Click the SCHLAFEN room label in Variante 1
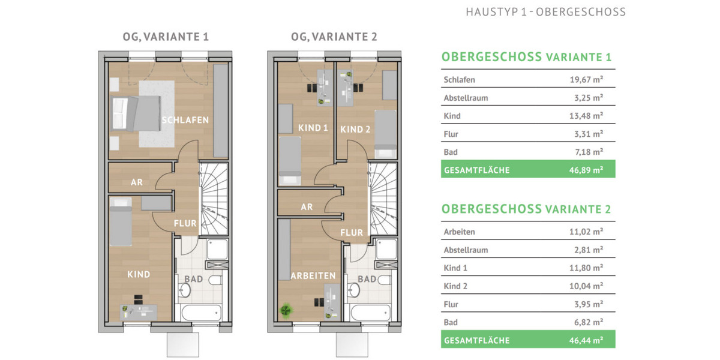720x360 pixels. [x=185, y=120]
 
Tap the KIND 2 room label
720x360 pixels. [x=352, y=129]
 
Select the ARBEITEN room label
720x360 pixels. [x=313, y=275]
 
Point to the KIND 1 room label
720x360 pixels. [x=313, y=128]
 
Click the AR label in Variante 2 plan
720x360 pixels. [x=307, y=207]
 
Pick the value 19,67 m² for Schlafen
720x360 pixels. [x=586, y=80]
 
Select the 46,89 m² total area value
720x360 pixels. [x=586, y=170]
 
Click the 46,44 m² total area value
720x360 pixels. [x=586, y=340]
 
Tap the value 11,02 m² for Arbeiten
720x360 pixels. [x=586, y=232]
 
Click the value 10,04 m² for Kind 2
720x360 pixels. [x=586, y=286]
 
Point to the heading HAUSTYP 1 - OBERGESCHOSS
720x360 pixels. [x=545, y=12]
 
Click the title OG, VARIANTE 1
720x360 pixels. [x=162, y=37]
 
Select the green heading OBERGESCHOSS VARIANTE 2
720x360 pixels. [x=526, y=209]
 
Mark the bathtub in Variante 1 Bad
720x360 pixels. [x=199, y=314]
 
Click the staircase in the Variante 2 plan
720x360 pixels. [x=382, y=198]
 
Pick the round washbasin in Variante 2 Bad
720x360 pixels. [x=355, y=290]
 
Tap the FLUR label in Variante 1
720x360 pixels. [x=185, y=223]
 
